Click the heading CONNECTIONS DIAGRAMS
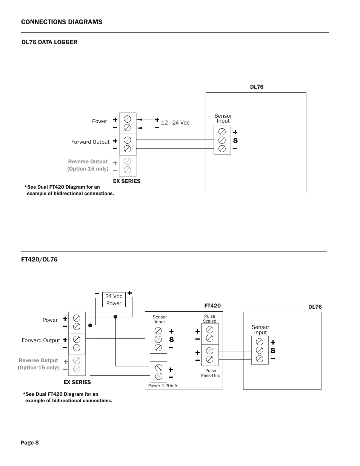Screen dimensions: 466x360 [62, 22]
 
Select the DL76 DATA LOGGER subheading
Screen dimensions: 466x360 [49, 42]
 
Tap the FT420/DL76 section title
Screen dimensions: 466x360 [39, 260]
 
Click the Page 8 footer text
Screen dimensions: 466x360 [30, 443]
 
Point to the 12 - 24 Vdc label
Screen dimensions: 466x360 [175, 123]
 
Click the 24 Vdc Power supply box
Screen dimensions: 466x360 [114, 300]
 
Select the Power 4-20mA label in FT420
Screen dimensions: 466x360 [163, 386]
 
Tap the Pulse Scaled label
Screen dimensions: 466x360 [209, 319]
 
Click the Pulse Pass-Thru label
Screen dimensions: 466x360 [211, 373]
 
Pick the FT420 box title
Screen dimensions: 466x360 [212, 306]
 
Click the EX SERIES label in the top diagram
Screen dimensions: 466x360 [127, 181]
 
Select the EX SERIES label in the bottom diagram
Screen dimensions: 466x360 [77, 382]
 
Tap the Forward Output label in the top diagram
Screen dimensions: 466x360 [90, 142]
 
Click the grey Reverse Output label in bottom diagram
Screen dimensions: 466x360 [38, 364]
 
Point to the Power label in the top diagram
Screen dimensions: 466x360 [99, 121]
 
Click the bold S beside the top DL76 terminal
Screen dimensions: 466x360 [235, 141]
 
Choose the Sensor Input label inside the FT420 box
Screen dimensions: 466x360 [160, 319]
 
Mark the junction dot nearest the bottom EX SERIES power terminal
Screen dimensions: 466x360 [90, 325]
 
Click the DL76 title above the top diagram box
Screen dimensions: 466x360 [257, 87]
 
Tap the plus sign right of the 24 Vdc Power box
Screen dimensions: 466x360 [129, 293]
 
